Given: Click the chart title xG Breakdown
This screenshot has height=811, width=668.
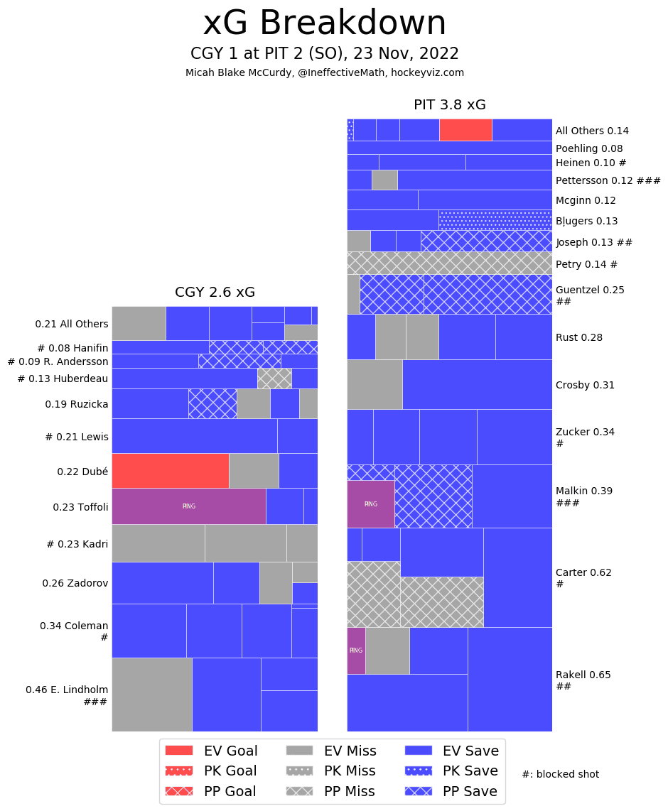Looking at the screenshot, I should point(325,24).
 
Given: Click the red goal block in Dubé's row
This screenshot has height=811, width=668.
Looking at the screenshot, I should point(170,470).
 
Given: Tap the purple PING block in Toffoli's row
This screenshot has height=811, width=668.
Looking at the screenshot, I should point(188,506).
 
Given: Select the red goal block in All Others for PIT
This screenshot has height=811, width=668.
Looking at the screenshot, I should point(465,130).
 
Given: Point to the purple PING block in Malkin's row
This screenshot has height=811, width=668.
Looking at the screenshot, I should point(370,504).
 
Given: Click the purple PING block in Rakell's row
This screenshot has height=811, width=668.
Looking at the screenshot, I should point(356,651).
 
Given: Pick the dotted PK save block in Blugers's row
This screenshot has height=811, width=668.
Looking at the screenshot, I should point(495,220).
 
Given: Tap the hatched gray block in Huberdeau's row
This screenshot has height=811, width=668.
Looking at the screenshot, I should point(274,379).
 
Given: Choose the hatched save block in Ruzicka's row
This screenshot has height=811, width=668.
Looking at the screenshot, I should point(212,403).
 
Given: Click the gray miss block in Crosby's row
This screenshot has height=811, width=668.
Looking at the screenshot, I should point(375,384).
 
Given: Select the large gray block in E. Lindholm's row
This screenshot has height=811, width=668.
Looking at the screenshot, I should point(151,695).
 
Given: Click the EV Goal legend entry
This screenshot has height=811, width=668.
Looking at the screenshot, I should point(211,751).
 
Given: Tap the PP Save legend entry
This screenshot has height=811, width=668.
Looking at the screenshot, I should point(451,791).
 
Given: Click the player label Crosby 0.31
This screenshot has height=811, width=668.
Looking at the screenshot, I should point(585,385).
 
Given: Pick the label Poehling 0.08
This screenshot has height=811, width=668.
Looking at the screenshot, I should point(589,148).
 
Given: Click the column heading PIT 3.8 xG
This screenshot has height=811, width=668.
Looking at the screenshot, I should point(449,105).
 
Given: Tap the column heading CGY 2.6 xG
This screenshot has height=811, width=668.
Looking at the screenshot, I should point(215,293).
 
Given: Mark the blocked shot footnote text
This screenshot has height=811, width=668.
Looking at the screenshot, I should point(560,774).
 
